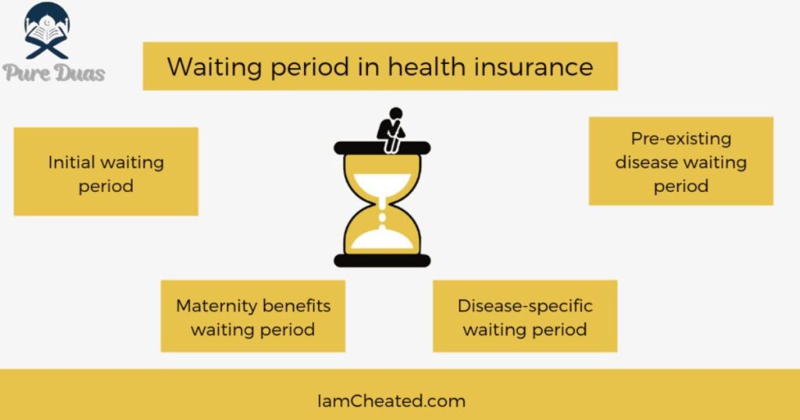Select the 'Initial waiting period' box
point(105,172)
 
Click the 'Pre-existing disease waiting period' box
point(680,162)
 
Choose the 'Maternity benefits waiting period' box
point(252,316)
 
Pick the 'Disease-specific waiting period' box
point(524,316)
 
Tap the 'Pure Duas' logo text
point(54,73)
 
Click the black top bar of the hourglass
point(382,148)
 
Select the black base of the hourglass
point(382,259)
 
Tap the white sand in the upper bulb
point(381,185)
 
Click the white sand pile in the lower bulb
point(381,239)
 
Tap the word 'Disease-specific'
point(524,305)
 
